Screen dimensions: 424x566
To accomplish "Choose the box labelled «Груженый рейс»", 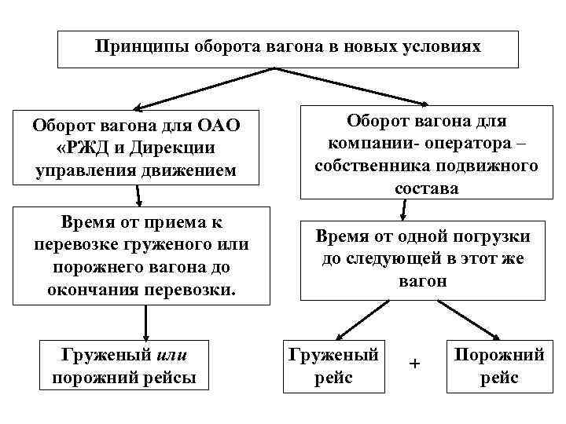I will [x=335, y=366].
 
